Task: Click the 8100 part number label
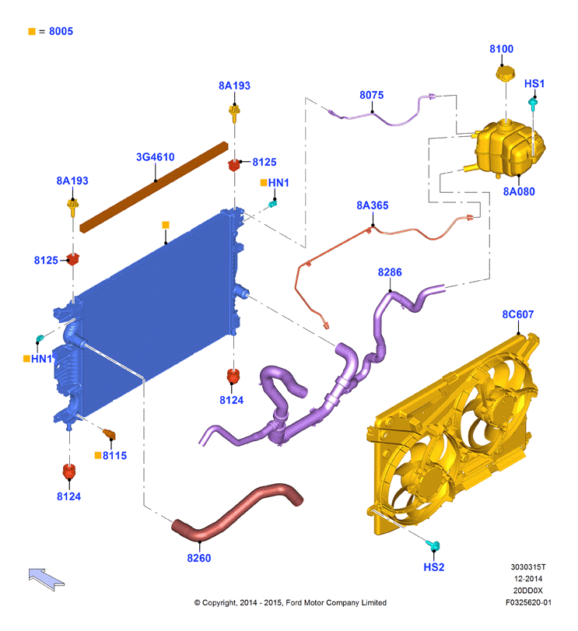click(501, 49)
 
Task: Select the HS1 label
click(534, 84)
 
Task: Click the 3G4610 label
click(156, 157)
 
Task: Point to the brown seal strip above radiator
click(154, 188)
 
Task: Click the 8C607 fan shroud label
click(517, 314)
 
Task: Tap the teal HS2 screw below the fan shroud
click(433, 545)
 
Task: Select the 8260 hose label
click(198, 558)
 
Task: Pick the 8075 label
click(372, 96)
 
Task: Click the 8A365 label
click(373, 205)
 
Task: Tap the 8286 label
click(390, 272)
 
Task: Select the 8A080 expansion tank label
click(519, 191)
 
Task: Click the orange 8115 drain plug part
click(110, 434)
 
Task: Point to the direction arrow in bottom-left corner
click(46, 579)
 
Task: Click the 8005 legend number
click(61, 31)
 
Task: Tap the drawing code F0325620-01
click(528, 602)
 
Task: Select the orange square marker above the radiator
click(166, 225)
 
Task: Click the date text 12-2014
click(528, 579)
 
